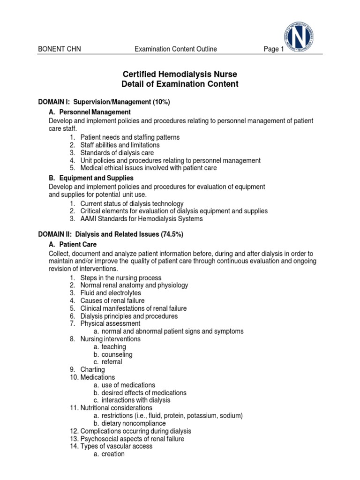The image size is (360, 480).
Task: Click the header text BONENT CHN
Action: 59,49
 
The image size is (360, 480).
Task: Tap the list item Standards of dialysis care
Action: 123,152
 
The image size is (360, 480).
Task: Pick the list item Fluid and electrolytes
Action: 111,293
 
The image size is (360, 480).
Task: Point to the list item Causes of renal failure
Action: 112,300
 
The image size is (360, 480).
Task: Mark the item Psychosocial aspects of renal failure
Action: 132,439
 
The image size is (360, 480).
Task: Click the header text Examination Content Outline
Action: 175,49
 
